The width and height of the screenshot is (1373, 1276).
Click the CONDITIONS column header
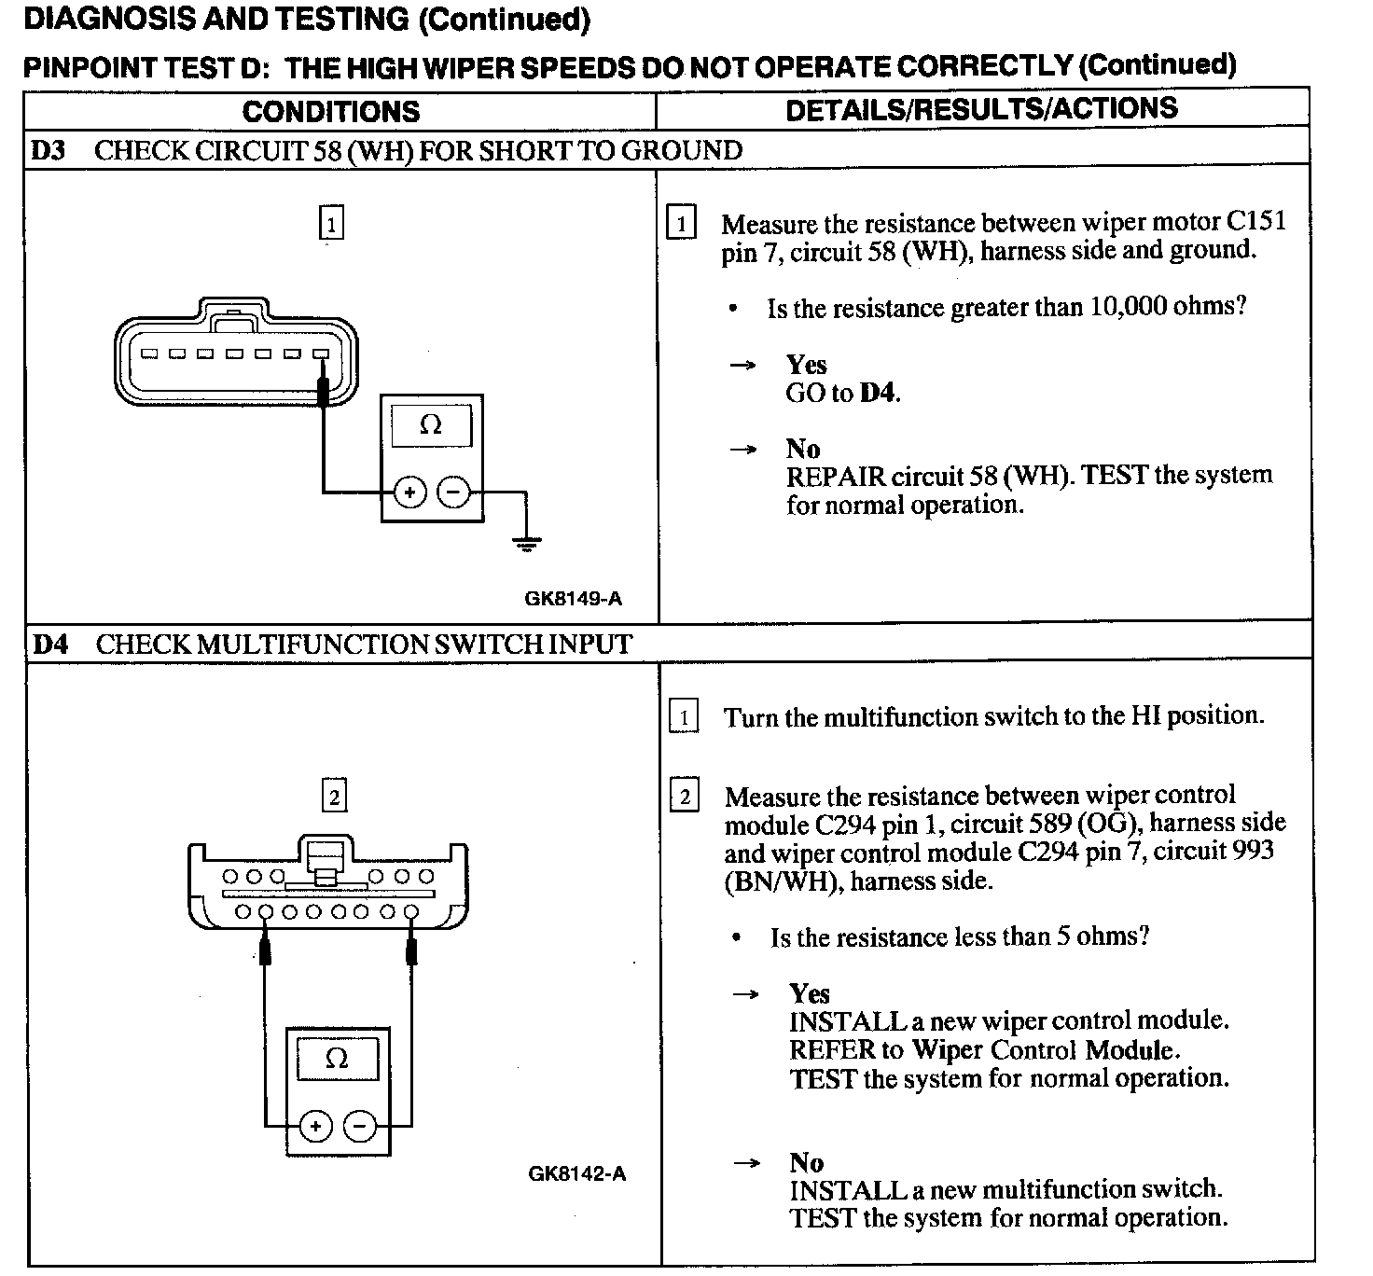click(x=331, y=112)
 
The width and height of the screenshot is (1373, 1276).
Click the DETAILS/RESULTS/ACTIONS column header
click(x=981, y=109)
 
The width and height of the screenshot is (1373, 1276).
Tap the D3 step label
click(x=49, y=150)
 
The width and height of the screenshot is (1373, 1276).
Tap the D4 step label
click(x=50, y=645)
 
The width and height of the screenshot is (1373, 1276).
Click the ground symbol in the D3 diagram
click(x=527, y=542)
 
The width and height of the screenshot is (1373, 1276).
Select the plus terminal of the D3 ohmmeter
click(x=409, y=492)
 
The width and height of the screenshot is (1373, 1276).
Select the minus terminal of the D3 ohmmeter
click(x=453, y=492)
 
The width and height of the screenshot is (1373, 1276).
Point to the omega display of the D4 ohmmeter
click(x=337, y=1059)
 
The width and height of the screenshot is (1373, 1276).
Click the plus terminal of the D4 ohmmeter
click(x=316, y=1127)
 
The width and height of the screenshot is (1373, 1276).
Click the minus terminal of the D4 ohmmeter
click(x=360, y=1127)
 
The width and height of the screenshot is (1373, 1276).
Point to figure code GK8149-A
click(x=573, y=599)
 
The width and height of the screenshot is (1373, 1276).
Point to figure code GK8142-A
click(x=576, y=1174)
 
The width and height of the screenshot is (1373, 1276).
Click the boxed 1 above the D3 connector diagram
click(x=331, y=224)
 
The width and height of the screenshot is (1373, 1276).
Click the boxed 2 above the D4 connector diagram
click(x=334, y=797)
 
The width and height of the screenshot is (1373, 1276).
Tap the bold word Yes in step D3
click(x=806, y=365)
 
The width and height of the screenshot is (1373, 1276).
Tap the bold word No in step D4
click(x=806, y=1162)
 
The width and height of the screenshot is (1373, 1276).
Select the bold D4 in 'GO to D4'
click(x=878, y=394)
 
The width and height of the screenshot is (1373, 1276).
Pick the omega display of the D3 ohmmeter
click(x=431, y=425)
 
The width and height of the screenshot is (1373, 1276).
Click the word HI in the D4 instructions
click(x=1146, y=716)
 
